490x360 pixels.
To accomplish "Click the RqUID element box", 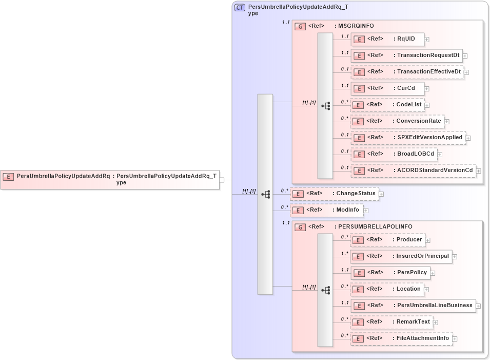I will coord(387,39).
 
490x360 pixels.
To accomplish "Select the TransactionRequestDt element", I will coord(406,55).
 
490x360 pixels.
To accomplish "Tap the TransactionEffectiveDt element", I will coord(406,72).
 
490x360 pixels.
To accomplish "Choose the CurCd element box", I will coord(387,88).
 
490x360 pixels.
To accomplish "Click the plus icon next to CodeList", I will coord(427,105).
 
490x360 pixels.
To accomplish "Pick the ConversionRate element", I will coord(397,121).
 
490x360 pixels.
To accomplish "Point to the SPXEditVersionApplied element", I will coord(407,138).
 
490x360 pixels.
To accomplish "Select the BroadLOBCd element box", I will coord(394,154).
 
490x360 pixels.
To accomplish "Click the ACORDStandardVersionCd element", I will coord(413,170).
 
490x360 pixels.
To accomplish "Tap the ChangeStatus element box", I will coord(334,194).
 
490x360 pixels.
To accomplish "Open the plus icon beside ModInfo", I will coord(366,210).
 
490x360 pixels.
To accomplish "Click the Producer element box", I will coord(387,240).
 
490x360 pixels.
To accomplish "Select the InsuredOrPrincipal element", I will coord(401,256).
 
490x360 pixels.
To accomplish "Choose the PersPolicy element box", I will coord(390,273).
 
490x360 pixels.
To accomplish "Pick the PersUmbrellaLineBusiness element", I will coord(413,306).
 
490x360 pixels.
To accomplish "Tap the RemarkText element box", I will coord(391,322).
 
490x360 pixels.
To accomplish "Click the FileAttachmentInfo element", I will coord(401,338).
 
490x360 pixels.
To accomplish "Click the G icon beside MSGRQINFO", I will coord(301,26).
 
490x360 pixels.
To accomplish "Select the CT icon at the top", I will coord(240,8).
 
